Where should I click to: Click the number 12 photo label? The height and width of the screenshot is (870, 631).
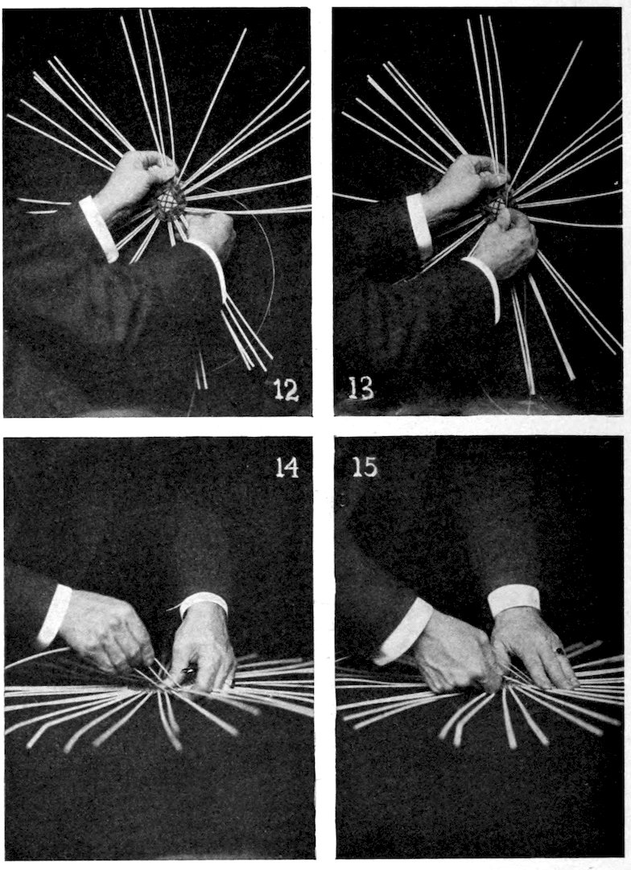(287, 391)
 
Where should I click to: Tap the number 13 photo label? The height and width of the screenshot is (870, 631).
(361, 389)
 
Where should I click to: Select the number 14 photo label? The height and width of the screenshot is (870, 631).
(287, 468)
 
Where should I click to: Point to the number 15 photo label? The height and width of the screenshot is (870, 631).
(365, 468)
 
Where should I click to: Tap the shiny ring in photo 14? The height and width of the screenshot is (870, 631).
(187, 672)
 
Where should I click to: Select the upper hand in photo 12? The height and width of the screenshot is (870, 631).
(138, 178)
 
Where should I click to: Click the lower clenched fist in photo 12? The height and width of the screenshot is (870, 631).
(211, 234)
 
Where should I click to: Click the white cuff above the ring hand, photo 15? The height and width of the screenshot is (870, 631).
(514, 601)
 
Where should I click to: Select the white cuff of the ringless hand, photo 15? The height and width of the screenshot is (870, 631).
(403, 632)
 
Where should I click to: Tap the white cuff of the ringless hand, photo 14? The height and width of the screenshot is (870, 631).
(55, 613)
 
